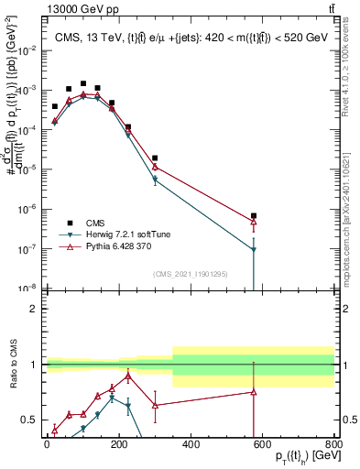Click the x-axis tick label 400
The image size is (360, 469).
tap(191, 445)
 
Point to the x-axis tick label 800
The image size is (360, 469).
tap(333, 445)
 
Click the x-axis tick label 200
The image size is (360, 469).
tap(118, 445)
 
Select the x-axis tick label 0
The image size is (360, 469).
tap(47, 445)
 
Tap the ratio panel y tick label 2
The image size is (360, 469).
tap(33, 309)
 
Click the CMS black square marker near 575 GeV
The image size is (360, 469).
tap(254, 216)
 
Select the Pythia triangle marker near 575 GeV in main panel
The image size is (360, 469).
tap(254, 222)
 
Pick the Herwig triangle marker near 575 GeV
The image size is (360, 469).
tap(254, 249)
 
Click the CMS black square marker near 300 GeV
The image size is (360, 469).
tap(155, 158)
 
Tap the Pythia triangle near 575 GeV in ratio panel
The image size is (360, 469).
tap(254, 392)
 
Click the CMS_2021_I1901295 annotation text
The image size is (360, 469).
tap(190, 273)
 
